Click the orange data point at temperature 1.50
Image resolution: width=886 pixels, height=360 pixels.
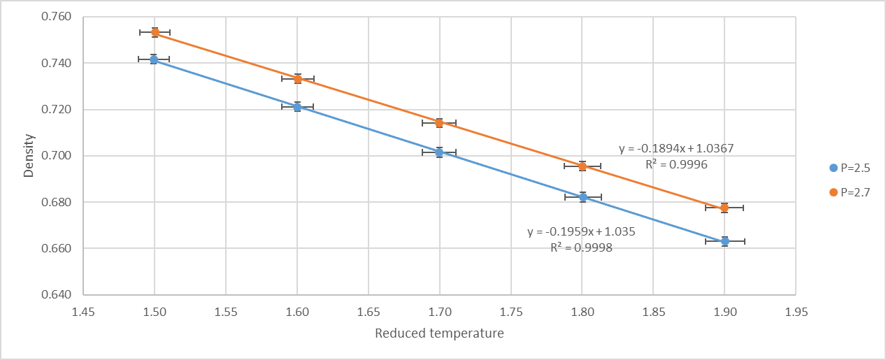click(x=155, y=32)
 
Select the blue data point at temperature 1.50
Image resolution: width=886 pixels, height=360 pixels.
click(x=154, y=59)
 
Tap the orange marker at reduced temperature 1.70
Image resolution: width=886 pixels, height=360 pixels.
click(x=439, y=123)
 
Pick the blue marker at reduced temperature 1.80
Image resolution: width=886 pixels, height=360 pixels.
click(x=583, y=197)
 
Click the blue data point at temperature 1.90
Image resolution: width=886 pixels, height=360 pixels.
click(x=725, y=241)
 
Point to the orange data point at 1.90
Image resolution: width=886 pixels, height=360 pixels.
click(x=724, y=208)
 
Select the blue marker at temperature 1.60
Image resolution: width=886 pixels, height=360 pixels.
click(x=297, y=107)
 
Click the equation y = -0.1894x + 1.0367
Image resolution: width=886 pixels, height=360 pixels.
click(x=676, y=149)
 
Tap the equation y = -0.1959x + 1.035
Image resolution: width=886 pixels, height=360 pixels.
click(x=581, y=231)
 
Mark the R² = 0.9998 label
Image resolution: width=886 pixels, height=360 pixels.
click(x=581, y=247)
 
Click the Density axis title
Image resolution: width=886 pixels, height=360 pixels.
click(x=29, y=156)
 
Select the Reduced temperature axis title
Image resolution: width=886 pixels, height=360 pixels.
click(x=439, y=333)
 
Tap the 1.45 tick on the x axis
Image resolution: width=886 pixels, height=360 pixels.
click(x=83, y=312)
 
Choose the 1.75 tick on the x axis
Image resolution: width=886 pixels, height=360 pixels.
click(x=511, y=312)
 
